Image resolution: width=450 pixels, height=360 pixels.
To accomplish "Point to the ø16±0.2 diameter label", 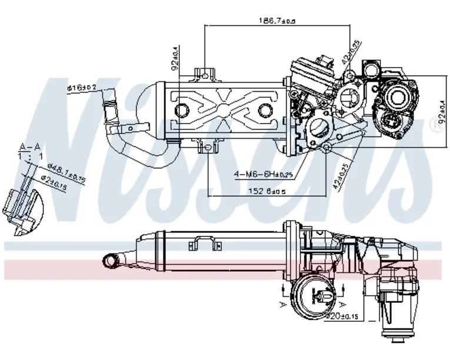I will coord(82,88).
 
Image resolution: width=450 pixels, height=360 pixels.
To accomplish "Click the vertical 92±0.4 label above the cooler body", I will coord(175,59).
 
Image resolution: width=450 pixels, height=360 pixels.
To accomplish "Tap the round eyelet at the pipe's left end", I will coord(111,259).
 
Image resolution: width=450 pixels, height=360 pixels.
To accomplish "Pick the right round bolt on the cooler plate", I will coord(264,109).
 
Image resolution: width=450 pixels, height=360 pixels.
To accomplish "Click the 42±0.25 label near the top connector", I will coord(351,55).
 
